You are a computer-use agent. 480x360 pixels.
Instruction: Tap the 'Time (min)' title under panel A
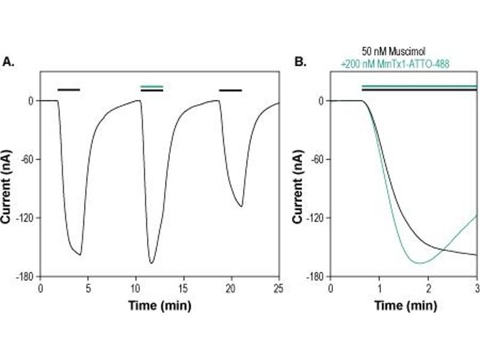pyautogui.click(x=159, y=305)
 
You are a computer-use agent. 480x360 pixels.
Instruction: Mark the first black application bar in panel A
pyautogui.click(x=68, y=90)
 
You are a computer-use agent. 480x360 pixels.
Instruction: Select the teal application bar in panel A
pyautogui.click(x=151, y=87)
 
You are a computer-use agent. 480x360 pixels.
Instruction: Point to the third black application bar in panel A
pyautogui.click(x=230, y=91)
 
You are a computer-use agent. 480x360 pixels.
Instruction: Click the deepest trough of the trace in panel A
pyautogui.click(x=152, y=263)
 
